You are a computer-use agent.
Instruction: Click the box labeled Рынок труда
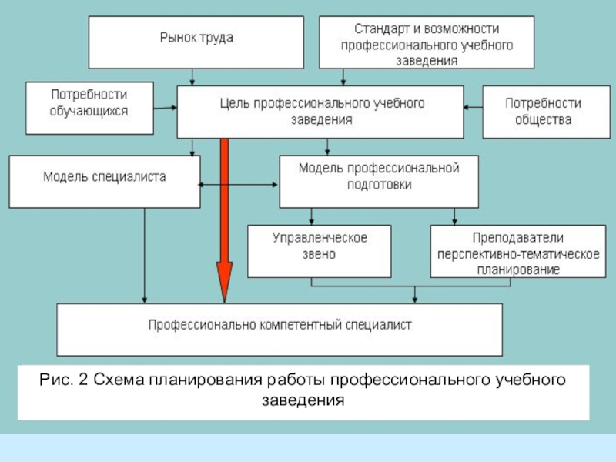click(x=196, y=42)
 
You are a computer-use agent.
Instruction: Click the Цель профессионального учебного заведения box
click(x=320, y=112)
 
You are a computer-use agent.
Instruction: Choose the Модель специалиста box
click(x=105, y=181)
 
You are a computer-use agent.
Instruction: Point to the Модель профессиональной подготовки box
click(x=378, y=181)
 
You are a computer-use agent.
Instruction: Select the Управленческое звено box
click(x=319, y=250)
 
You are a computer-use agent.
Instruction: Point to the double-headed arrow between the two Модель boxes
click(x=239, y=185)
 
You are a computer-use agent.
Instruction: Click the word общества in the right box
click(x=544, y=121)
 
